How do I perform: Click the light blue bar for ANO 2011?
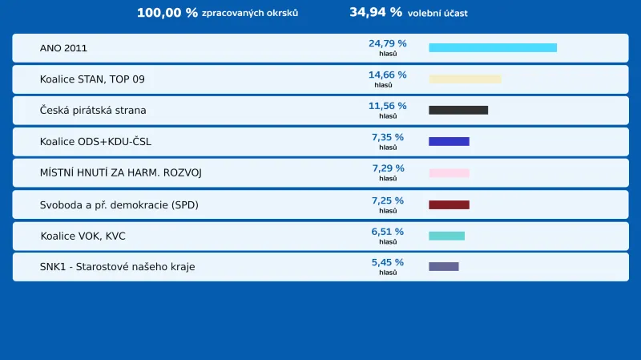(493, 48)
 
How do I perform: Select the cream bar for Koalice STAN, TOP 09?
(465, 79)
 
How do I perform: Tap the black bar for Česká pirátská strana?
(458, 110)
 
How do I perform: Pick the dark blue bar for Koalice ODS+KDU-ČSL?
(449, 142)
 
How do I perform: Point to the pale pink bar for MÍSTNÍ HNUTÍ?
(449, 173)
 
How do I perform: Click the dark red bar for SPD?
(449, 205)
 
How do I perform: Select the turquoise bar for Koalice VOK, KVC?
(446, 236)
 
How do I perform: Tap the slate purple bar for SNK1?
(444, 266)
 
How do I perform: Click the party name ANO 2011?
(63, 48)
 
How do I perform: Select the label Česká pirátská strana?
(93, 111)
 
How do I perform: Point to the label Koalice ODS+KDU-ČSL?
(95, 142)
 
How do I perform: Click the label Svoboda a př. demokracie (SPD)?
(119, 205)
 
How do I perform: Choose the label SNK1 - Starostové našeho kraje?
(117, 267)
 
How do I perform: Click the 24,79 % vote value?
(387, 43)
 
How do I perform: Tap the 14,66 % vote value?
(387, 75)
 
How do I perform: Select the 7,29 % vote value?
(388, 168)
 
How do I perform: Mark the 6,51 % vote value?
(387, 232)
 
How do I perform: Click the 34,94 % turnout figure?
(376, 13)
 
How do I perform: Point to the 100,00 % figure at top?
(167, 13)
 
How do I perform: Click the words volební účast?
(437, 14)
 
